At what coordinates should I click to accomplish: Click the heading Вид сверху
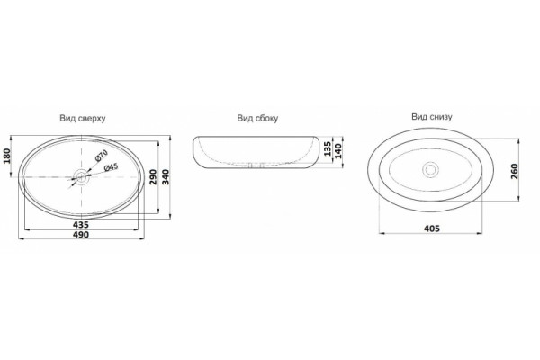pyautogui.click(x=83, y=119)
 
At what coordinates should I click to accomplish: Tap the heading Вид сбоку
pyautogui.click(x=257, y=119)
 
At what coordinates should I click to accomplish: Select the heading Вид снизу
pyautogui.click(x=432, y=117)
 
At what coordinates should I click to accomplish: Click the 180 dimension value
pyautogui.click(x=7, y=156)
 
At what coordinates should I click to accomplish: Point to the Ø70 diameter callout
pyautogui.click(x=101, y=156)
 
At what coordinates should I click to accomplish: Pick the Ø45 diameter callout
pyautogui.click(x=111, y=167)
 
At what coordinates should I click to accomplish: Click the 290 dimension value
pyautogui.click(x=153, y=176)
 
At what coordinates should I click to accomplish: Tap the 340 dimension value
pyautogui.click(x=166, y=176)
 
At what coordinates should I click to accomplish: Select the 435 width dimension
pyautogui.click(x=81, y=225)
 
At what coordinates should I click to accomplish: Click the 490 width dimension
pyautogui.click(x=81, y=235)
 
